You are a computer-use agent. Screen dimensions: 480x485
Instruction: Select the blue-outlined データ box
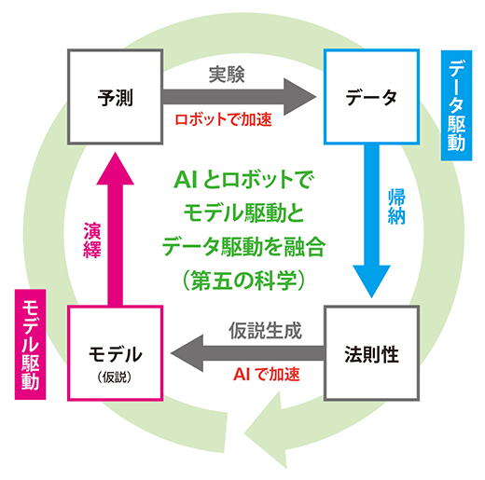371,96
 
